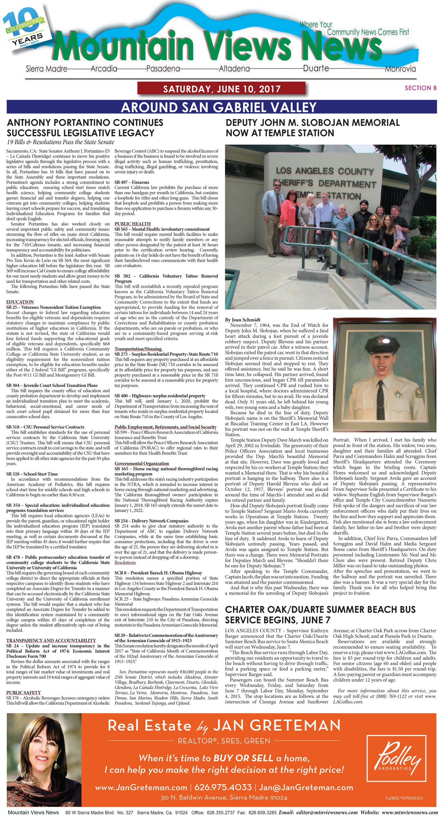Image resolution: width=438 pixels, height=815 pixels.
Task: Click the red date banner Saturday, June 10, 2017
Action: [x=221, y=89]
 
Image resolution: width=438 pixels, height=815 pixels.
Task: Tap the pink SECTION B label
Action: [x=420, y=88]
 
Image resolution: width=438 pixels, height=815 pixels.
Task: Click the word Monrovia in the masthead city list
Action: [x=400, y=69]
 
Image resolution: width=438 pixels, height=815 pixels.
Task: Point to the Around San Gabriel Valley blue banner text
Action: [x=219, y=107]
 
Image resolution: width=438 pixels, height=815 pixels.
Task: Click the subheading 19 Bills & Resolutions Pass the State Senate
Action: [x=60, y=142]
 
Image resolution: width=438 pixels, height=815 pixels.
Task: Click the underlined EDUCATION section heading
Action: [x=20, y=302]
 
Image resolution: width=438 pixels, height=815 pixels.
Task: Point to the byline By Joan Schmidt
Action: [x=243, y=320]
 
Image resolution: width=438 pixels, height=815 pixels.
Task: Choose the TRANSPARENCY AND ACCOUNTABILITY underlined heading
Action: [x=51, y=640]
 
